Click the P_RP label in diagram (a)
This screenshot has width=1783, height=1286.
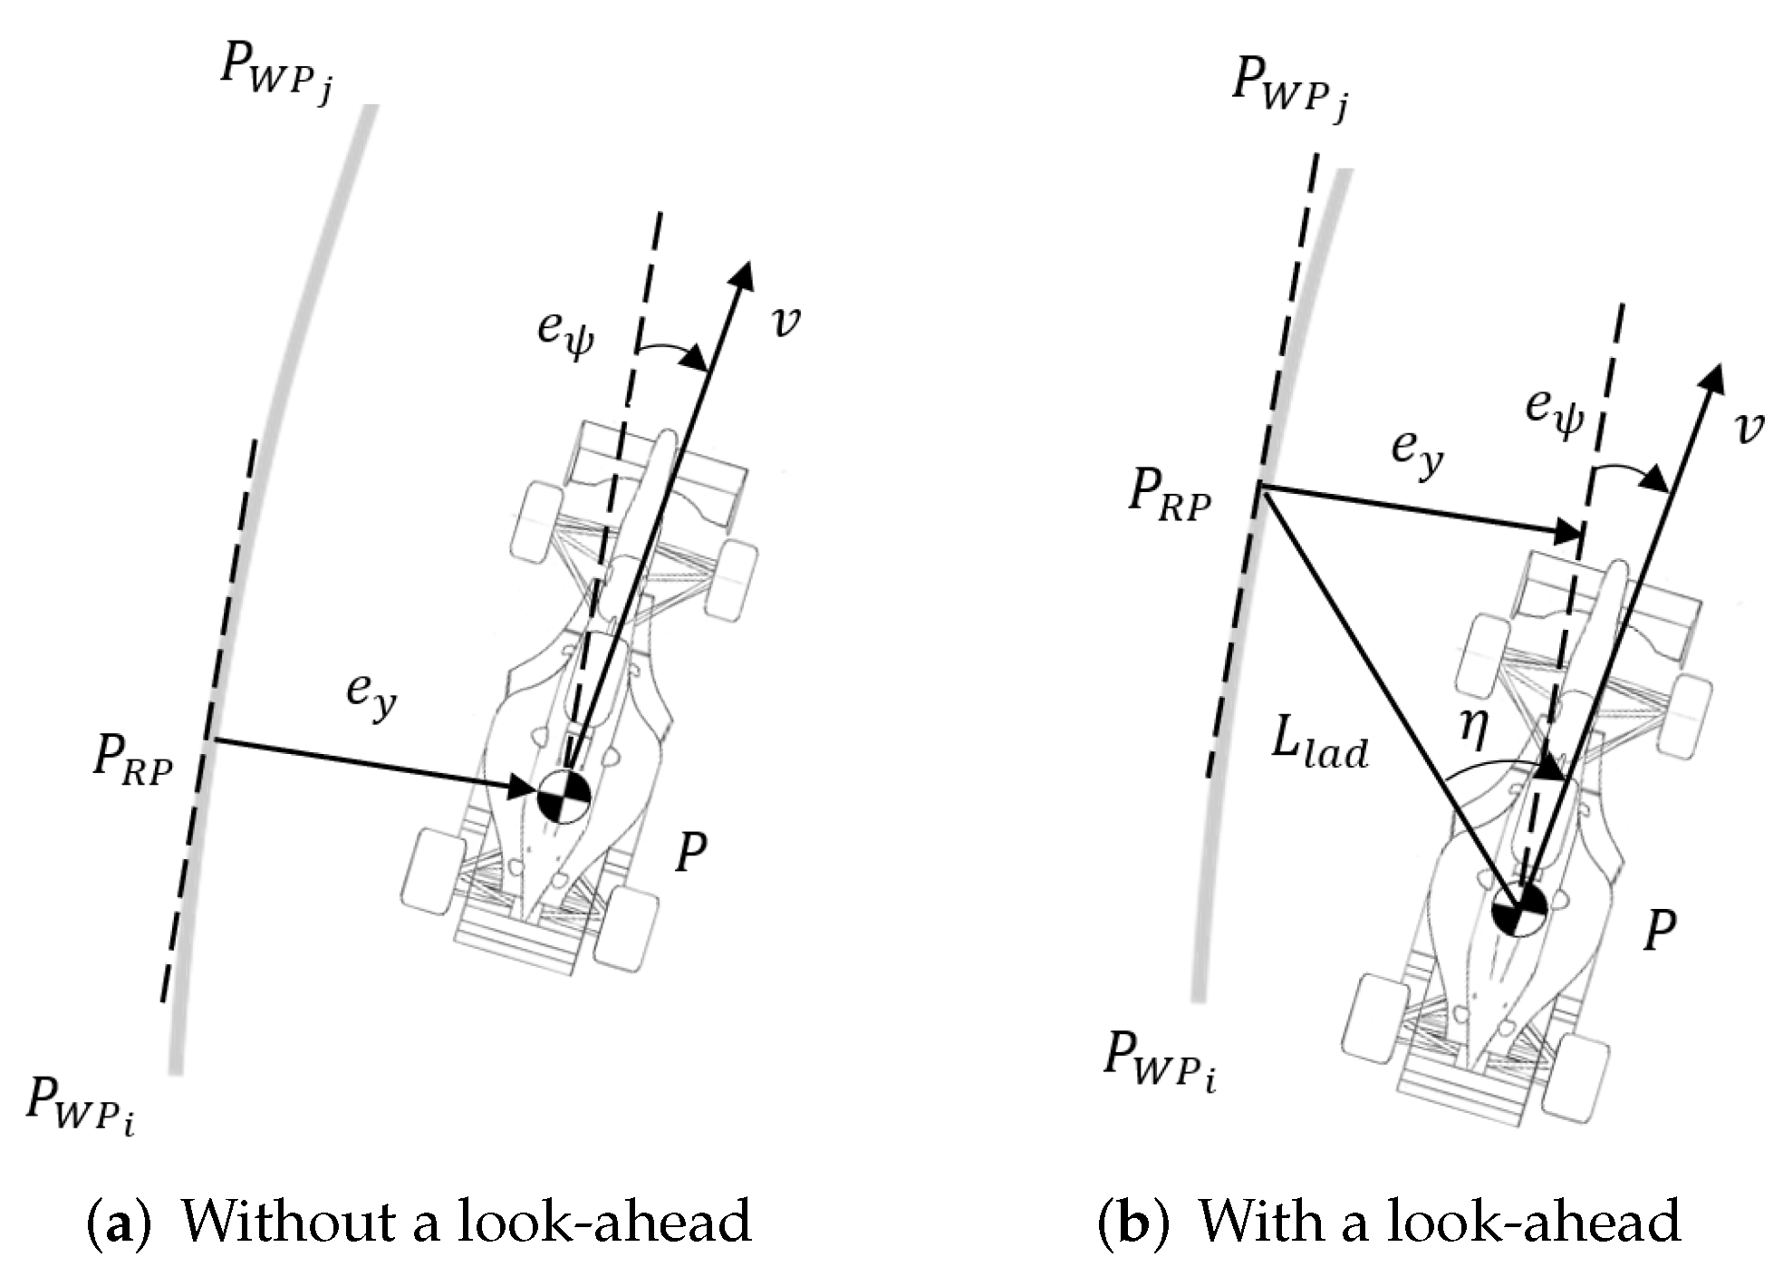point(132,759)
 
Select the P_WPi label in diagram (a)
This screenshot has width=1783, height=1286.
point(81,1103)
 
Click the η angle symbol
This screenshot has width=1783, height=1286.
point(1474,729)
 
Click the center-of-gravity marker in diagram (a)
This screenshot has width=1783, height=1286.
point(564,797)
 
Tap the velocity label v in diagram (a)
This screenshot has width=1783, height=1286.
point(785,322)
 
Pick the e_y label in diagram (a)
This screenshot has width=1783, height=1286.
point(371,693)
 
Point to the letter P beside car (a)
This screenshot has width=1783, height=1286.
point(692,852)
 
